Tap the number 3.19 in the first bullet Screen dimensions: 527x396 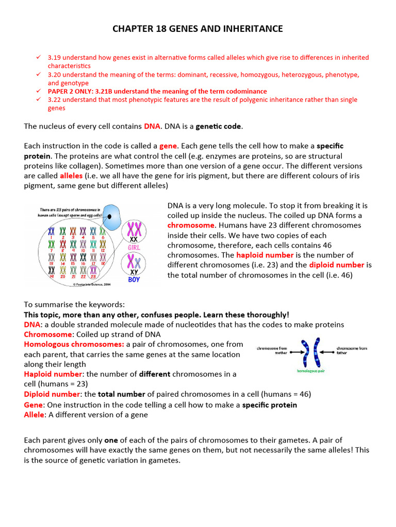[55, 58]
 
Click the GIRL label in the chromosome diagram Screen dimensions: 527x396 [134, 247]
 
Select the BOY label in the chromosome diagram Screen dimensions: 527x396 [134, 279]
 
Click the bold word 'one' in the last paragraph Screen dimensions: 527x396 [111, 441]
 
